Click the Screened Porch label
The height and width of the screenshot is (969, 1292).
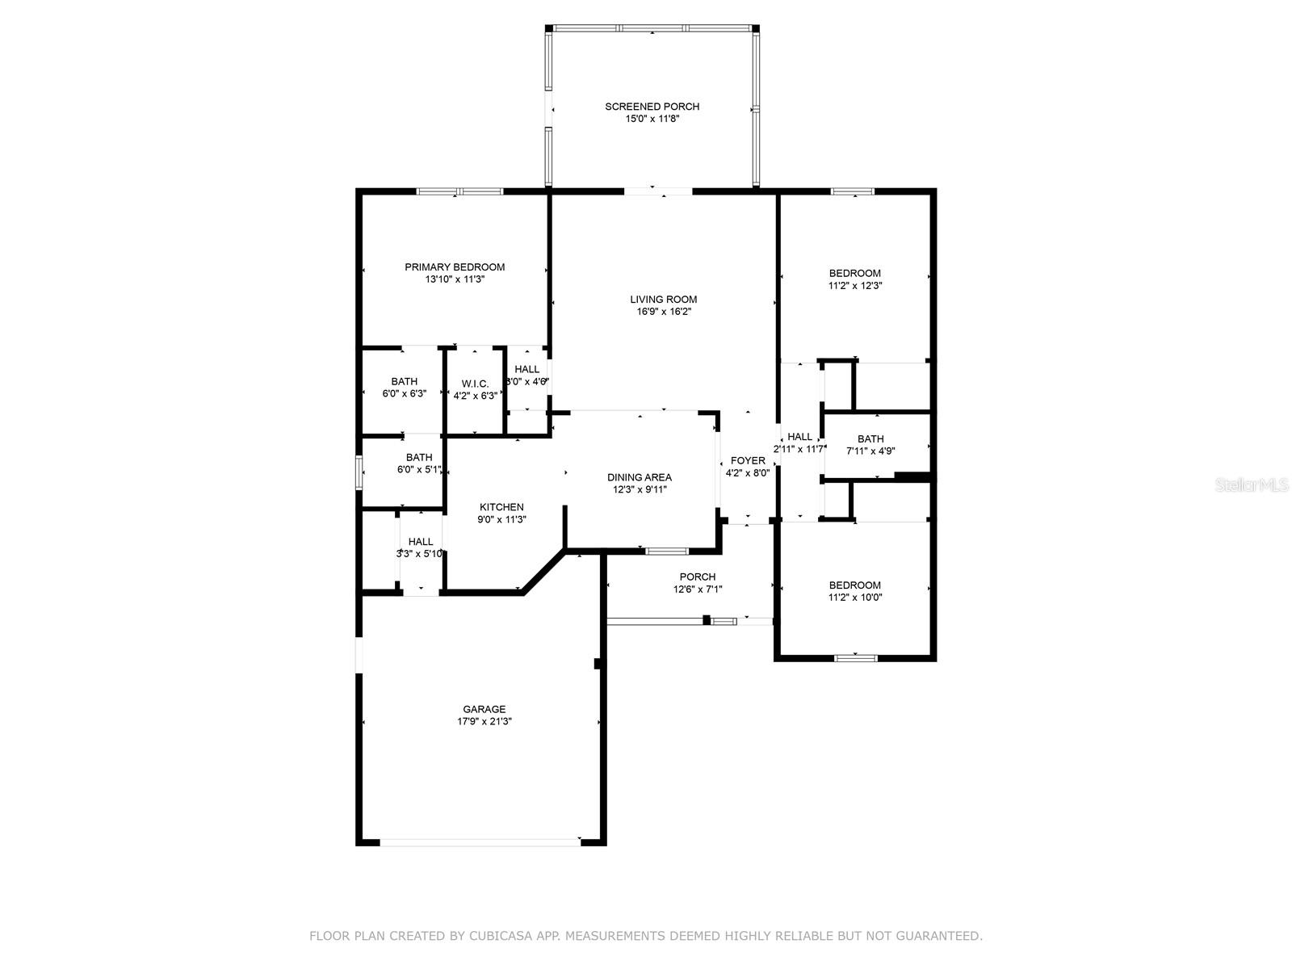coord(652,107)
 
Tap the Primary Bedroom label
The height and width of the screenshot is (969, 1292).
coord(455,267)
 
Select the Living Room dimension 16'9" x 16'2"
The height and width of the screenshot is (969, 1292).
coord(664,312)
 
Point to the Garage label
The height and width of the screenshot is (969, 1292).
coord(484,709)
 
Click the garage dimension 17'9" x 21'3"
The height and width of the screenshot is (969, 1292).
coord(484,721)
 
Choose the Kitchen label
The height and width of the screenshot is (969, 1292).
coord(501,507)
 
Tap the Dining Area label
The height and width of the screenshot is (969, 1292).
coord(640,477)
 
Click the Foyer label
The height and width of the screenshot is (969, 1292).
coord(748,460)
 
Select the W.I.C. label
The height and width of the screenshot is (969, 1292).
coord(475,384)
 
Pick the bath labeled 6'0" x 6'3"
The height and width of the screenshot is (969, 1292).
coord(405,388)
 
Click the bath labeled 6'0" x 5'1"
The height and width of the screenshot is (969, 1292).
coord(419,464)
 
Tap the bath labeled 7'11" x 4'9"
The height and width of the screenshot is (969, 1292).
coord(870,445)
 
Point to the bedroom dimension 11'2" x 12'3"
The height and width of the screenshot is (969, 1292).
coord(854,286)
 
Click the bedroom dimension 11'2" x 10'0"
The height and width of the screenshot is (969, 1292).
coord(854,598)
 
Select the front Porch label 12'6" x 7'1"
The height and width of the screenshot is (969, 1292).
coord(698,583)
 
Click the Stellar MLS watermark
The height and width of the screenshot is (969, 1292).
coord(1251,484)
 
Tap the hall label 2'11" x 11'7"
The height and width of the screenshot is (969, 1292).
coord(800,443)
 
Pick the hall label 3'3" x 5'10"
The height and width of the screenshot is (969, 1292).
coord(420,547)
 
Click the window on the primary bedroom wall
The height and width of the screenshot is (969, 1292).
coord(459,191)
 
